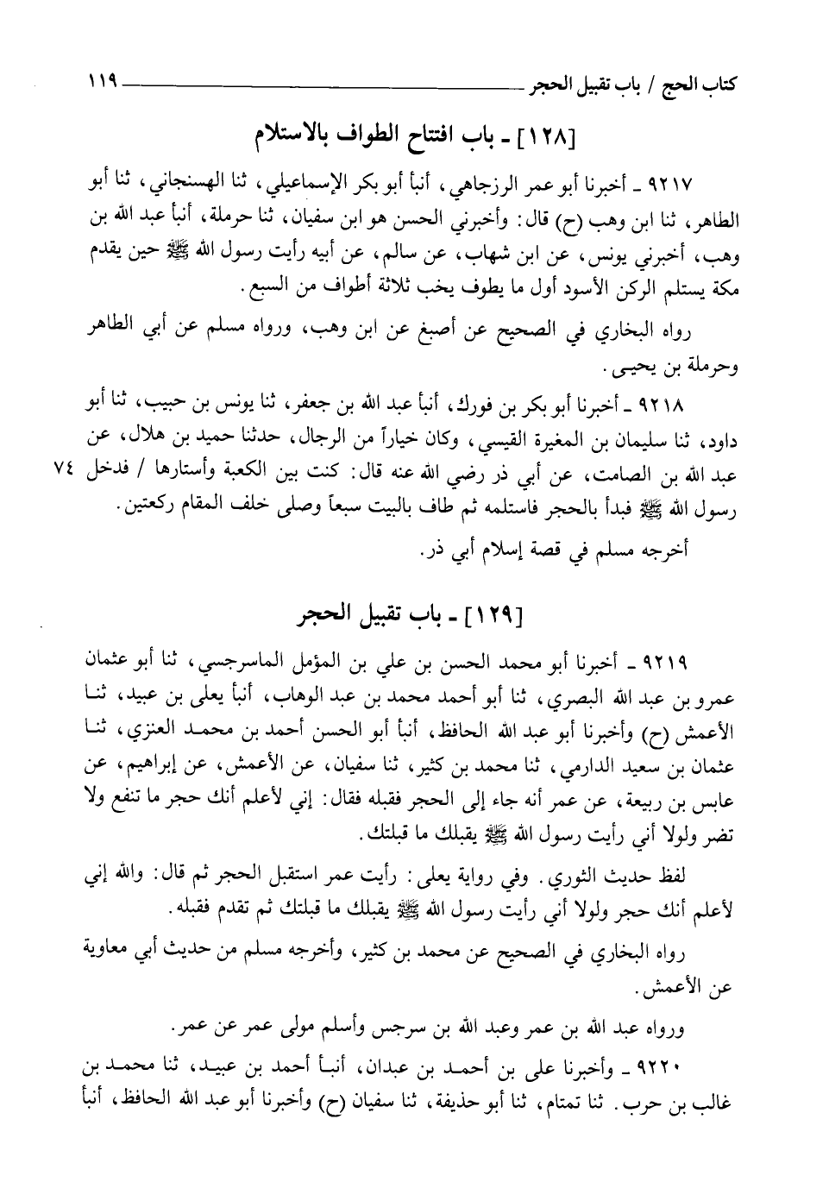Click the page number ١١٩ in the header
tap(101, 85)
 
